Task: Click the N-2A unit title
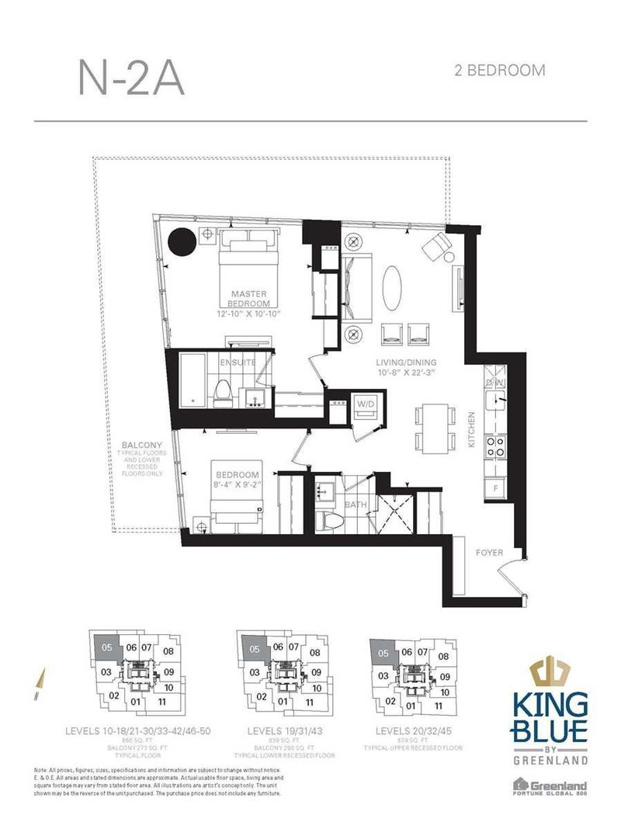(131, 78)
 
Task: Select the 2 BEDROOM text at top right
(499, 71)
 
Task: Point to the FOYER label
(490, 553)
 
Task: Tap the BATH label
(356, 504)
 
